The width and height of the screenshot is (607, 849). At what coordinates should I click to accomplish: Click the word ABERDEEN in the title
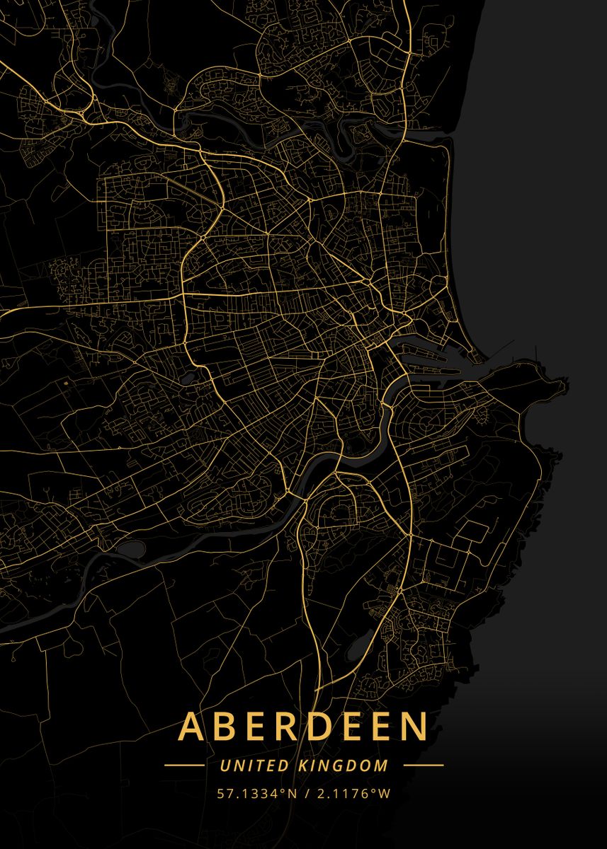[303, 726]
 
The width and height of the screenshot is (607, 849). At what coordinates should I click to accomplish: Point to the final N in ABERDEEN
[414, 727]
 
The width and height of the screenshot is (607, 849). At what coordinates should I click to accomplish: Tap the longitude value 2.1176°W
[352, 793]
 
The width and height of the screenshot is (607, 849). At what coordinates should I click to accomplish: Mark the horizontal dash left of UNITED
[183, 766]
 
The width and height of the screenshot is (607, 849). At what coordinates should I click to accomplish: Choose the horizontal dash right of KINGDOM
[423, 766]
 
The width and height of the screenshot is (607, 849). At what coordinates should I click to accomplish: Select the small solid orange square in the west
[67, 382]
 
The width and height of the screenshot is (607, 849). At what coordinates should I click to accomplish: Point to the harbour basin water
[425, 354]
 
